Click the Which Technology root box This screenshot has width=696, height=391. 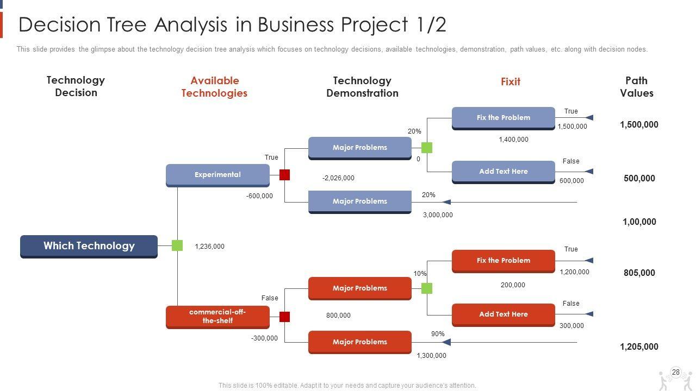[89, 246]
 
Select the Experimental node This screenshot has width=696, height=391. [217, 175]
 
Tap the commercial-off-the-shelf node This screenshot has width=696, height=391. [217, 317]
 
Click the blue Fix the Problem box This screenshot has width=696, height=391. [503, 118]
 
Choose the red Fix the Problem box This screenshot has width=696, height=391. [503, 261]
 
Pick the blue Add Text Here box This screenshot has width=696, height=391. [503, 172]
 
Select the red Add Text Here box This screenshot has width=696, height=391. [503, 314]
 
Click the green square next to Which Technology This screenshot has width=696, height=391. [177, 245]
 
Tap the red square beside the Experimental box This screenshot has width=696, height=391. [284, 175]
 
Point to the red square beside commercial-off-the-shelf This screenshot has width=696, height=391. [284, 317]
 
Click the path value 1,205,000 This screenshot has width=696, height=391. [639, 347]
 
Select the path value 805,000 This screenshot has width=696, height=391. [639, 273]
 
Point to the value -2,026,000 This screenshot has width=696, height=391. [338, 178]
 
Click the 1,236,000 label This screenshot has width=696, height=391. [209, 247]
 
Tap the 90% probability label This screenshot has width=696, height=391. [438, 334]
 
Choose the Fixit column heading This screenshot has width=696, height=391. [510, 82]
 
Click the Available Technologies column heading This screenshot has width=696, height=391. [214, 87]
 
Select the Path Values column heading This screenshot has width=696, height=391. [636, 87]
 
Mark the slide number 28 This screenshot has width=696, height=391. [676, 373]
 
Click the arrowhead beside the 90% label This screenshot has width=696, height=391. [446, 342]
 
